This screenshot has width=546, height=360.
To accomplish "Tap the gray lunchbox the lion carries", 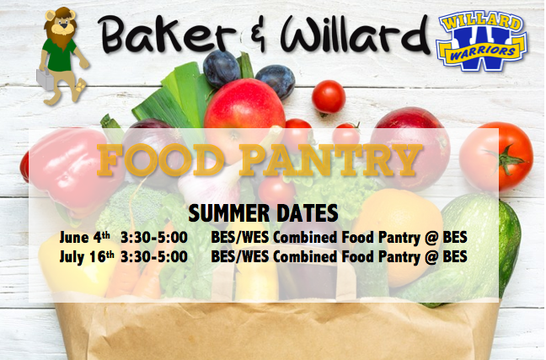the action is tap(45, 78).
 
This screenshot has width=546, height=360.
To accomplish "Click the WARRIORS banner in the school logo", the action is tap(482, 52).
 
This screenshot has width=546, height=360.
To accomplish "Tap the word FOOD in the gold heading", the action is tap(161, 160).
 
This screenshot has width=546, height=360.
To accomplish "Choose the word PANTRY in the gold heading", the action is tap(330, 160).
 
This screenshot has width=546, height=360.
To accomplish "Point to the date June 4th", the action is tap(84, 237).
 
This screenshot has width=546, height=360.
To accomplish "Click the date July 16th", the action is tap(87, 257).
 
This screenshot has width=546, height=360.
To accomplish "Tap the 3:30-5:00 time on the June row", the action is tap(154, 238).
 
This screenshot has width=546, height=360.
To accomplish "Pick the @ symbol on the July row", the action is tap(431, 257).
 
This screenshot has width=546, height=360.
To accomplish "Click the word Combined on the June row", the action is tap(305, 237).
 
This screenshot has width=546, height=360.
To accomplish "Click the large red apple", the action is tap(244, 111).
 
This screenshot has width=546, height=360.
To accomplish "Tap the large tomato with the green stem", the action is tap(496, 157).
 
